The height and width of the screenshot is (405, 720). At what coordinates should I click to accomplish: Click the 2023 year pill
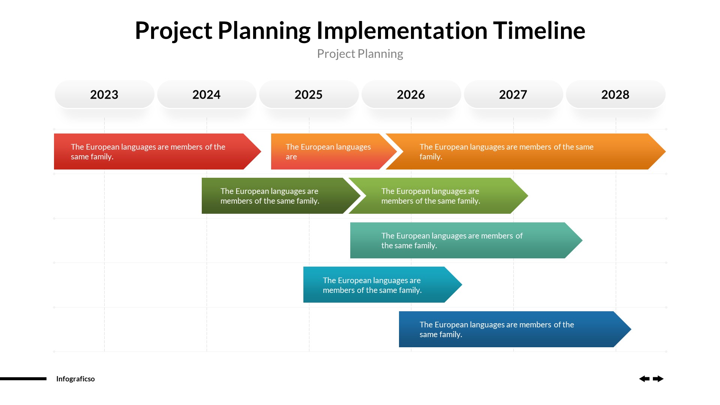coord(104,94)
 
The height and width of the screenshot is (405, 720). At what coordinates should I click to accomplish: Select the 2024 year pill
coord(207,94)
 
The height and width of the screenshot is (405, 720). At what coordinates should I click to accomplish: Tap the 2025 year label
coord(309,94)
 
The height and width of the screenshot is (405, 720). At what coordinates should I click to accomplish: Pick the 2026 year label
coord(411,94)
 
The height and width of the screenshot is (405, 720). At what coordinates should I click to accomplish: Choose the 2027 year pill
coord(513,94)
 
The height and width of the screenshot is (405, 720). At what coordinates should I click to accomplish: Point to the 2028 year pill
coord(615,94)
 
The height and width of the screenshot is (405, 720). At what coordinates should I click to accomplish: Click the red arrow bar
coord(154,151)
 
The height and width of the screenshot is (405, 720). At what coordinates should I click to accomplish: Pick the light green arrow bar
coord(435,196)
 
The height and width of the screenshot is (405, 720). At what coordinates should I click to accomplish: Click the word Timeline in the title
coord(539,30)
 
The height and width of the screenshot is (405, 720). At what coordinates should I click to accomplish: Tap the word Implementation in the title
coord(402,30)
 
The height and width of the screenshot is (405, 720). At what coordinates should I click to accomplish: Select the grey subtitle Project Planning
coord(360,54)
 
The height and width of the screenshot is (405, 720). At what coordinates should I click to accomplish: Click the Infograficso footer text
coord(75,379)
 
